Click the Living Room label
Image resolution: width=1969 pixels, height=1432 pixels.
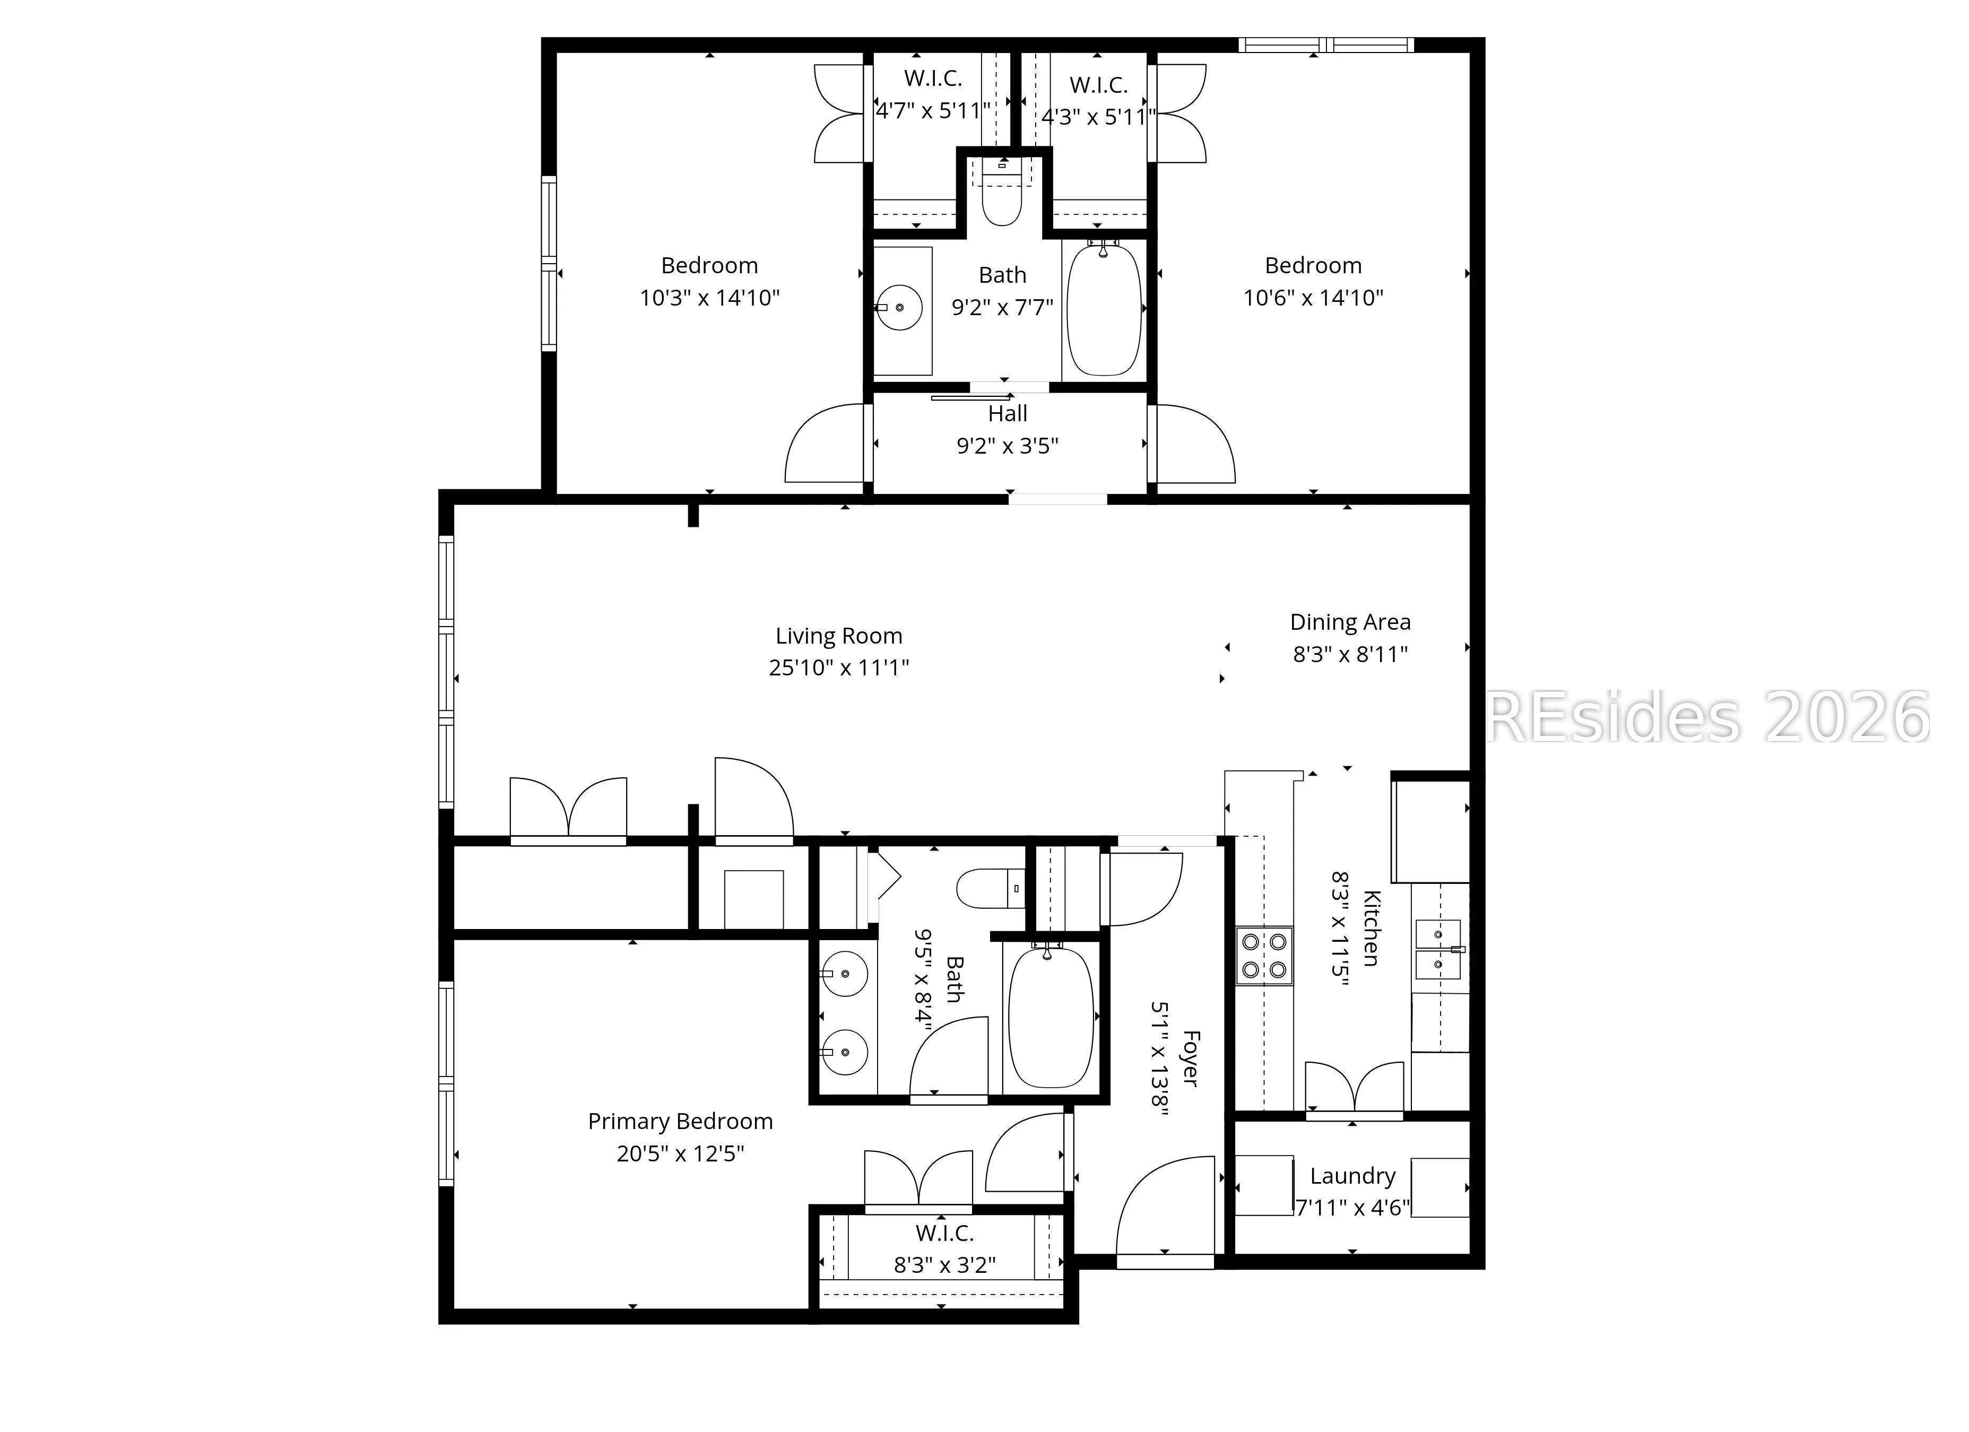pyautogui.click(x=839, y=636)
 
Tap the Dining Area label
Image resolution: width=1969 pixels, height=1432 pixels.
pyautogui.click(x=1350, y=622)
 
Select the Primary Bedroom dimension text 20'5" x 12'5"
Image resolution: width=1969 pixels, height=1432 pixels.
pyautogui.click(x=681, y=1153)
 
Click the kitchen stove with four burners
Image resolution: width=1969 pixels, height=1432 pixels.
pyautogui.click(x=1264, y=956)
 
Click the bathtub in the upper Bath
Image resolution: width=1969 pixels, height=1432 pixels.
pyautogui.click(x=1104, y=310)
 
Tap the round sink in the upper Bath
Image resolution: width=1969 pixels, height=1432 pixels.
pyautogui.click(x=899, y=307)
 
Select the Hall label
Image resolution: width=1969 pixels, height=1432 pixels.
pyautogui.click(x=1007, y=414)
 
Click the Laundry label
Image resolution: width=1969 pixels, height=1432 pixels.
pyautogui.click(x=1352, y=1176)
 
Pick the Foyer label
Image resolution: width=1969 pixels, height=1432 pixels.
pyautogui.click(x=1190, y=1059)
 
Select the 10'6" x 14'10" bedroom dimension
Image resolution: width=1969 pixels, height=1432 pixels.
pyautogui.click(x=1313, y=298)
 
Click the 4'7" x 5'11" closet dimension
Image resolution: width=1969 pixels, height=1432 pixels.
pyautogui.click(x=932, y=111)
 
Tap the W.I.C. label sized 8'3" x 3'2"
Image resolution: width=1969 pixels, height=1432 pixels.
pyautogui.click(x=944, y=1233)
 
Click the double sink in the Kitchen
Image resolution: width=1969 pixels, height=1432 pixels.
pyautogui.click(x=1438, y=950)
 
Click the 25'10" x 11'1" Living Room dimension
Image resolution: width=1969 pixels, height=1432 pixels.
pyautogui.click(x=839, y=667)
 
